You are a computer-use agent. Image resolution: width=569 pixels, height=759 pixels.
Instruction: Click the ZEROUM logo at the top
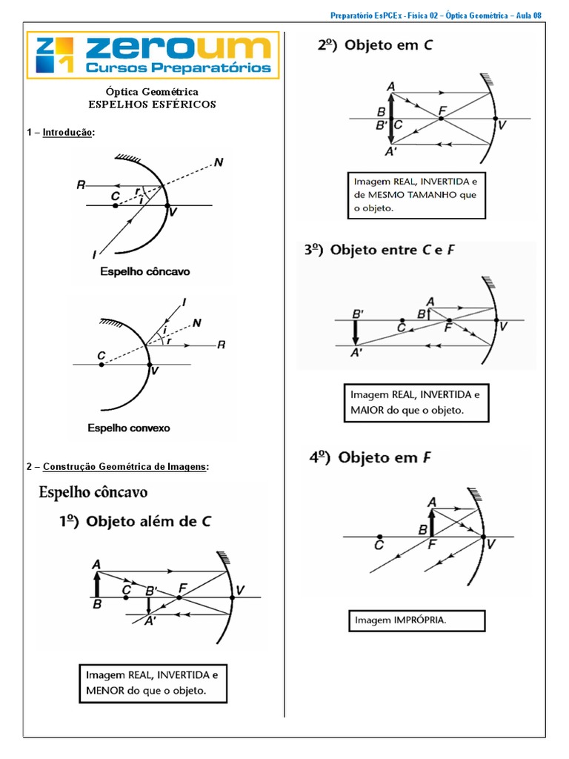153,55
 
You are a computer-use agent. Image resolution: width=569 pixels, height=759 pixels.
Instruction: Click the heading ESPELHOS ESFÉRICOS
152,105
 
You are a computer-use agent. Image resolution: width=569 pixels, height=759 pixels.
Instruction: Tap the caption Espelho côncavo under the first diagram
145,272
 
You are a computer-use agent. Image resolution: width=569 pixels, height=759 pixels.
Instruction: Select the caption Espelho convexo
129,428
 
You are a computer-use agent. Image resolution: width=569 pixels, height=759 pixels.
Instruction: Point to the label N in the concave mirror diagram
218,162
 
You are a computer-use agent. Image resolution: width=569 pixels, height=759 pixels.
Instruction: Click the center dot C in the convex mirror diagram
101,365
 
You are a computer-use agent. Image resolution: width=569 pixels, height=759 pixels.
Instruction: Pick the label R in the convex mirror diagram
220,345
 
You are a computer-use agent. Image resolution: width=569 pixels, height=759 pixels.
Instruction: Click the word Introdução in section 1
68,133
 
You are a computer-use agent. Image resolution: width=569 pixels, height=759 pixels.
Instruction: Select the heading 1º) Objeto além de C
135,521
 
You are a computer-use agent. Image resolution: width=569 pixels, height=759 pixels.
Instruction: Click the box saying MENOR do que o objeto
153,683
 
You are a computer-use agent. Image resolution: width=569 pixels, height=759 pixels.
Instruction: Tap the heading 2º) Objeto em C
375,45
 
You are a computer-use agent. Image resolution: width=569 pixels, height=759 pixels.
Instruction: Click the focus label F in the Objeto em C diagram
443,112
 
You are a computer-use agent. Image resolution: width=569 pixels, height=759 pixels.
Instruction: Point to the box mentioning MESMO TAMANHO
417,195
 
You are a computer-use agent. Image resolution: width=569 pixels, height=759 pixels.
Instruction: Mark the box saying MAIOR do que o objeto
416,402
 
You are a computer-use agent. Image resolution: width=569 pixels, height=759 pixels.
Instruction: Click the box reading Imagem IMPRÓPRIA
416,620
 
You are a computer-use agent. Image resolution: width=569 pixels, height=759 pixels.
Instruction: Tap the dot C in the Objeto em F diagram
379,537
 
